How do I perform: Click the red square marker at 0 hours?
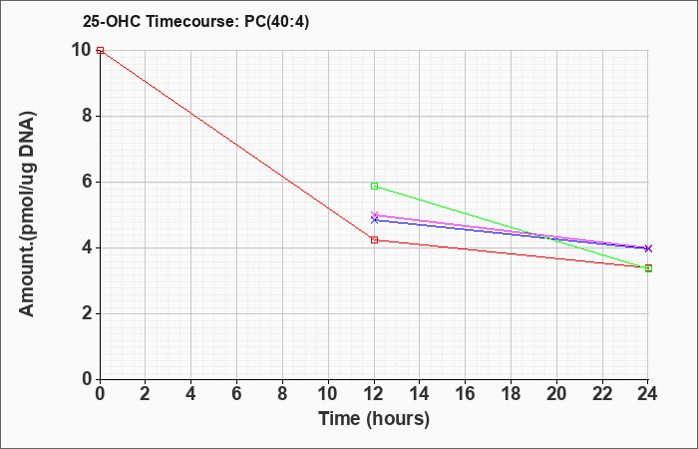pos(100,50)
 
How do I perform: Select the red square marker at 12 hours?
pos(374,240)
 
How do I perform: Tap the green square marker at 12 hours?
pos(374,187)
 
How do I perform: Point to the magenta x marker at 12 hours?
pos(374,216)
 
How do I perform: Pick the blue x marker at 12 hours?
pos(374,221)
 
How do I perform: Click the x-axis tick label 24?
pos(648,394)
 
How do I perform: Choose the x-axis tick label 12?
pos(374,394)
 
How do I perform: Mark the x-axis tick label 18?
pos(511,394)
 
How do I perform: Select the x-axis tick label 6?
pos(237,394)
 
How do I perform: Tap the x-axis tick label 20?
pos(556,394)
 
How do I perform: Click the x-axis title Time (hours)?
pos(374,419)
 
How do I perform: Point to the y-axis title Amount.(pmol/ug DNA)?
pos(27,214)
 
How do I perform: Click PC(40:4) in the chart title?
pos(277,22)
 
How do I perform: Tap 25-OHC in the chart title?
pos(112,22)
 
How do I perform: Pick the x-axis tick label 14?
pos(420,394)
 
